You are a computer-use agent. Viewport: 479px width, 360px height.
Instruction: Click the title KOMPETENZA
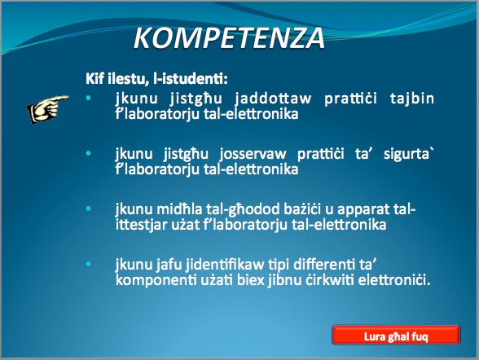(x=229, y=37)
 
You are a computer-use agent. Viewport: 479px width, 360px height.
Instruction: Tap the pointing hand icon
(x=48, y=109)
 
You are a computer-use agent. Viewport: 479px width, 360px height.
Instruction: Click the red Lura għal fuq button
(x=396, y=336)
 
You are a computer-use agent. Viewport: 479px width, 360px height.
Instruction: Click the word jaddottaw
(x=273, y=99)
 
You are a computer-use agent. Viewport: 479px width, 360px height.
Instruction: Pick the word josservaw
(x=253, y=154)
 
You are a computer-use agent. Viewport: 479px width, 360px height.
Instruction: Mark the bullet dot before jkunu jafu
(x=89, y=264)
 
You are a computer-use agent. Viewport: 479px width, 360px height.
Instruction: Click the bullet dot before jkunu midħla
(x=89, y=209)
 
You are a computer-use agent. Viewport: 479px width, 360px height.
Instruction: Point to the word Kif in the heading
(x=95, y=79)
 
